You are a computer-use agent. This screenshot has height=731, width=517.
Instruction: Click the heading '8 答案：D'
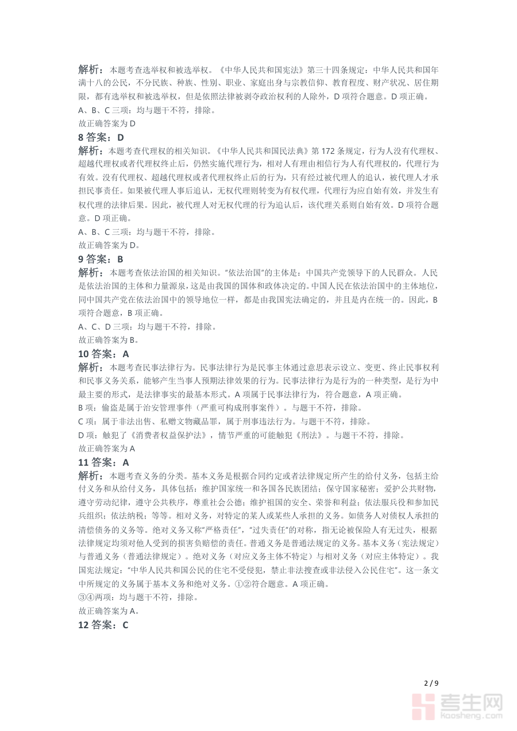(x=101, y=137)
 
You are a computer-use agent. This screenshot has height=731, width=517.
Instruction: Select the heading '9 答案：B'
(x=101, y=259)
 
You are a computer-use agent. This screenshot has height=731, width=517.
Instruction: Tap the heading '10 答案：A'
(x=104, y=354)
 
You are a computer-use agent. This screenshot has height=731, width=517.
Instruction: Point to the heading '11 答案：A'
(x=104, y=462)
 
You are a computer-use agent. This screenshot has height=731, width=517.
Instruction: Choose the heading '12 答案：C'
(x=104, y=625)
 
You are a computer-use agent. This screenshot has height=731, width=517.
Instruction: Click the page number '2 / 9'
(x=431, y=683)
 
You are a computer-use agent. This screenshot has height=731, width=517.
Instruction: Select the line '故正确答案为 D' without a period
(x=107, y=123)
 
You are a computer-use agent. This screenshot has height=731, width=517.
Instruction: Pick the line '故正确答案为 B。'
(x=109, y=340)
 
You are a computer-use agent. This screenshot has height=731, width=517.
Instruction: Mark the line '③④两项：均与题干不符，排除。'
(x=138, y=597)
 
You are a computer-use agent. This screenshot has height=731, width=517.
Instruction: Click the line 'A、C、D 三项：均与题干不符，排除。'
(x=147, y=327)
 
